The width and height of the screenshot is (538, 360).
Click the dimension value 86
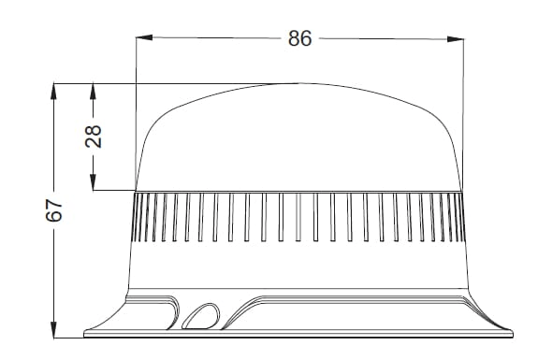300,38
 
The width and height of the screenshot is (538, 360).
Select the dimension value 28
94,137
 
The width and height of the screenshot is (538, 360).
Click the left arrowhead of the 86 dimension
144,37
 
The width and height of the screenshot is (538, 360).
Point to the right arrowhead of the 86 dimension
456,39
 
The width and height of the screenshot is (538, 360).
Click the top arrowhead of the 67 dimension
54,92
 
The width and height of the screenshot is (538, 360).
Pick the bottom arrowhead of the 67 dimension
54,330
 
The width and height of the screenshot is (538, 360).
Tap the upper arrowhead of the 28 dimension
94,92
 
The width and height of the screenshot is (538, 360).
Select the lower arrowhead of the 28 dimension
94,182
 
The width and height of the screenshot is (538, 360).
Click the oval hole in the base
201,316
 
